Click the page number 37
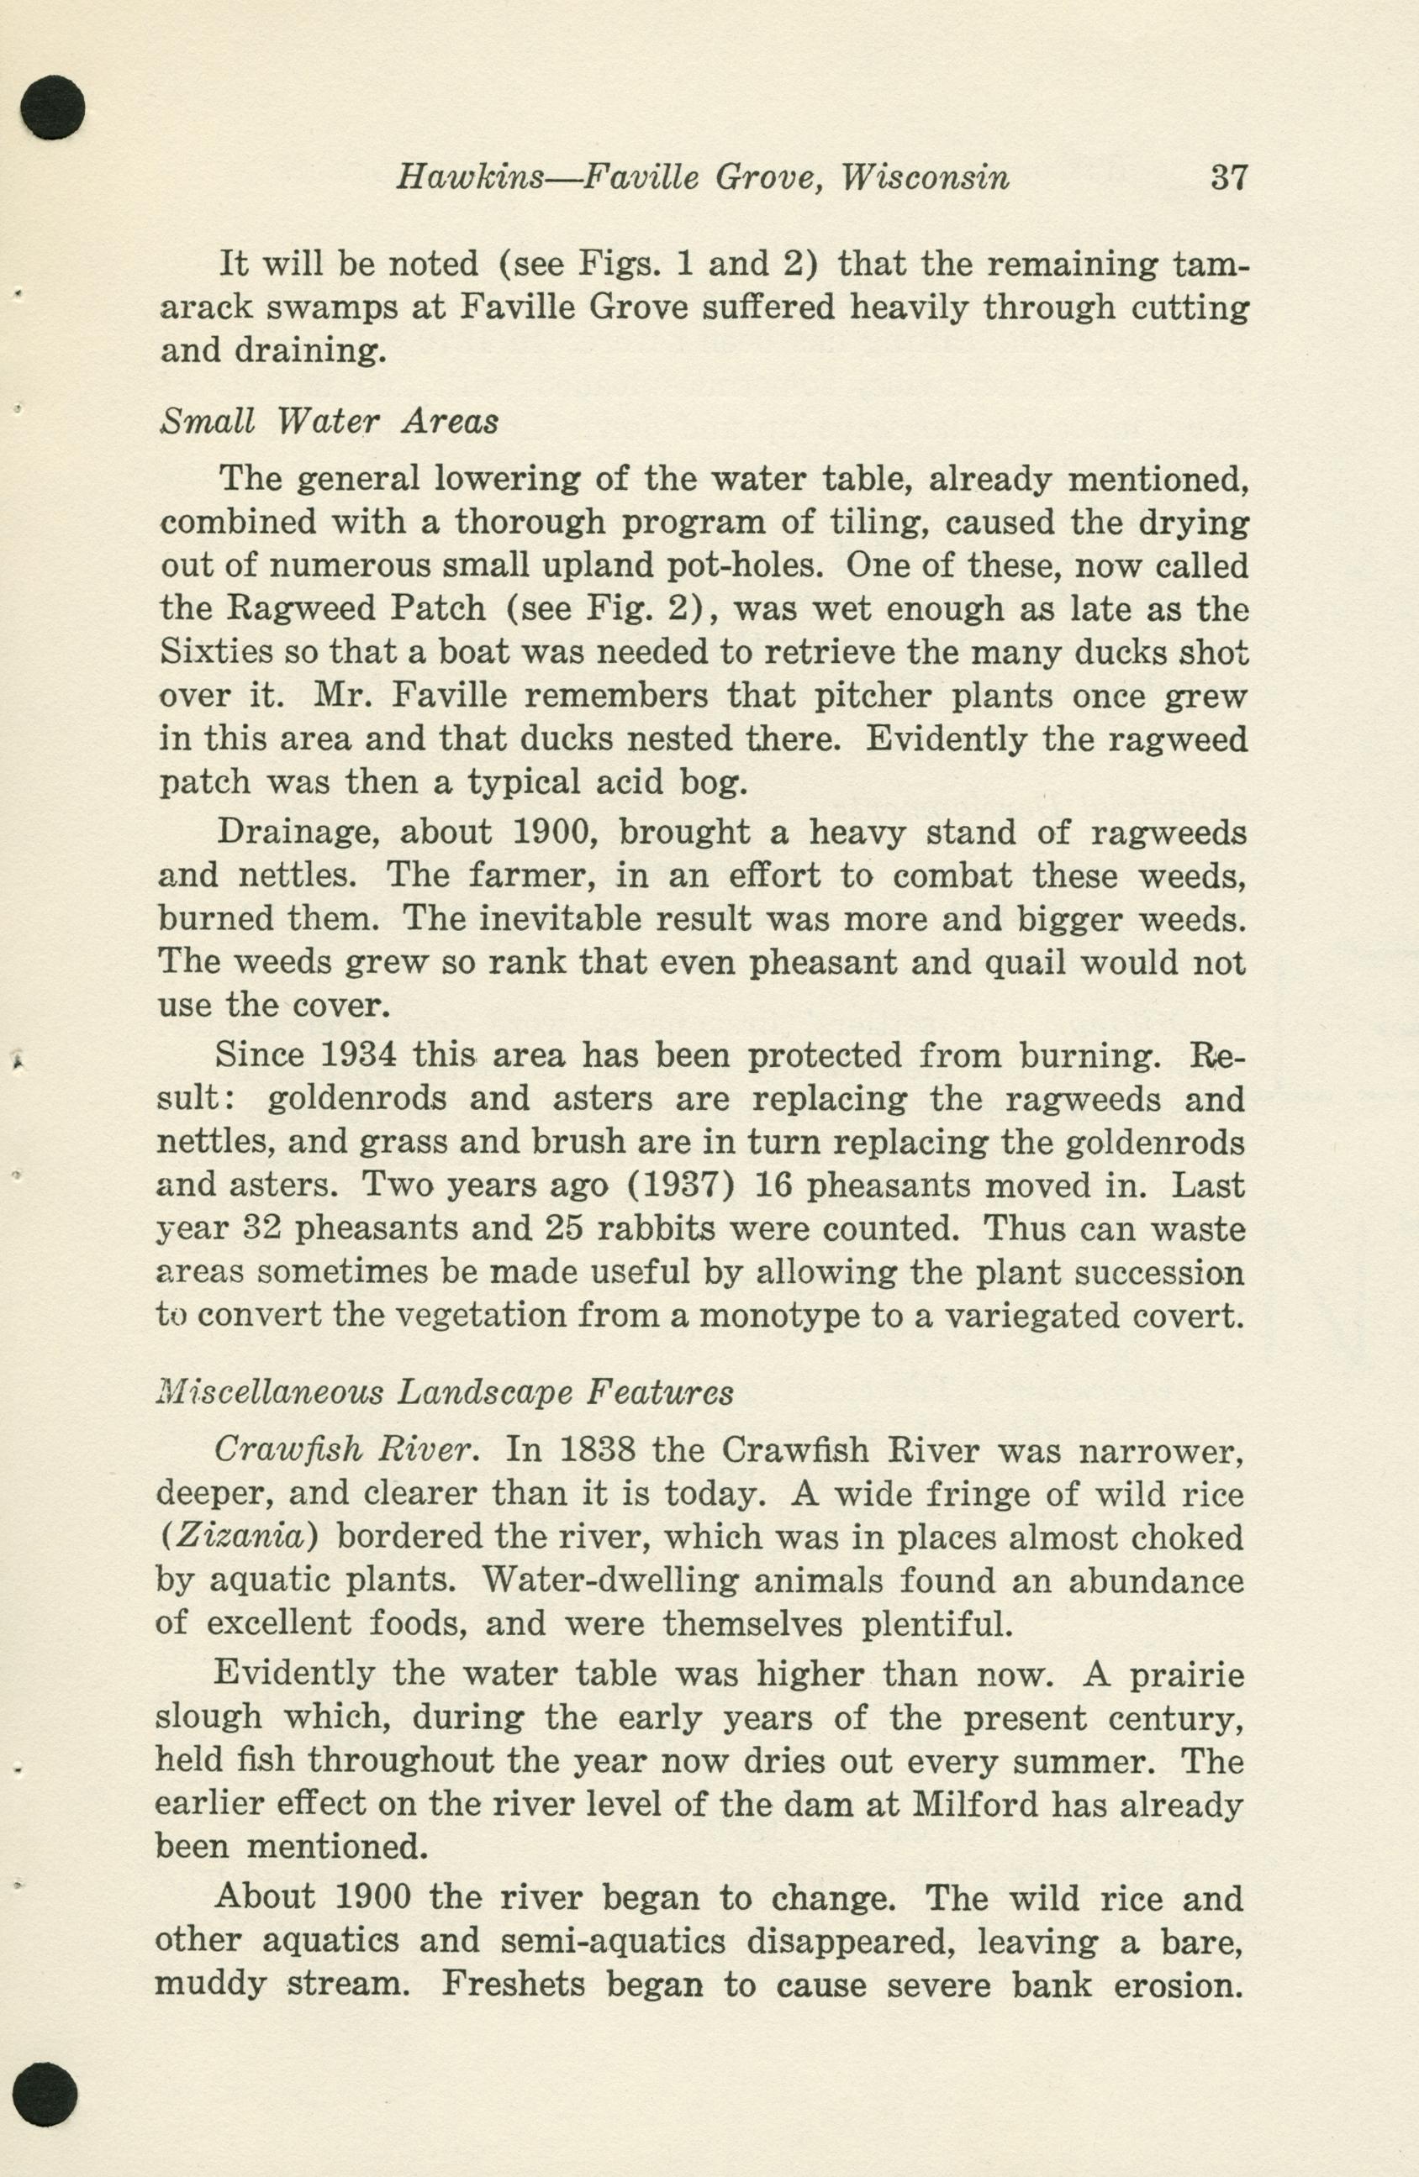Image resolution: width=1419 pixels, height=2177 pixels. [1228, 176]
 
